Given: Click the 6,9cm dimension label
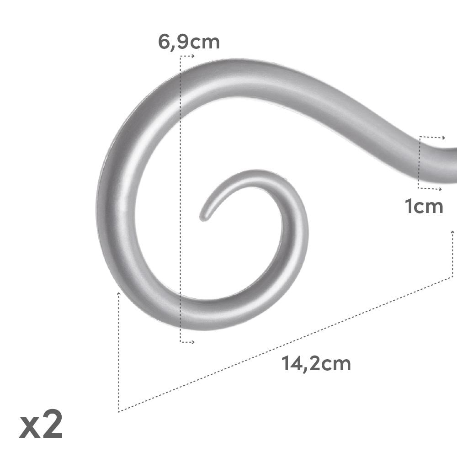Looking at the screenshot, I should (189, 42).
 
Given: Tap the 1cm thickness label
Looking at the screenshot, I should (424, 207).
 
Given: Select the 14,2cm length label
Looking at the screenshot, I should (316, 364).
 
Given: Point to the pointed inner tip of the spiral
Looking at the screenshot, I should (202, 217).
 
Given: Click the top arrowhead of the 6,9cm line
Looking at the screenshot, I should (193, 56).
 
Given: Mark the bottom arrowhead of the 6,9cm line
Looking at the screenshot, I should (193, 342).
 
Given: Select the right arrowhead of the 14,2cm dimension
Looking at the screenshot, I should (452, 232).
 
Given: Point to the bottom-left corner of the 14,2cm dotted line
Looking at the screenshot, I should (119, 412).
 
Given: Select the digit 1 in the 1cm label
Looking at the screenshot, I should (408, 207).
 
